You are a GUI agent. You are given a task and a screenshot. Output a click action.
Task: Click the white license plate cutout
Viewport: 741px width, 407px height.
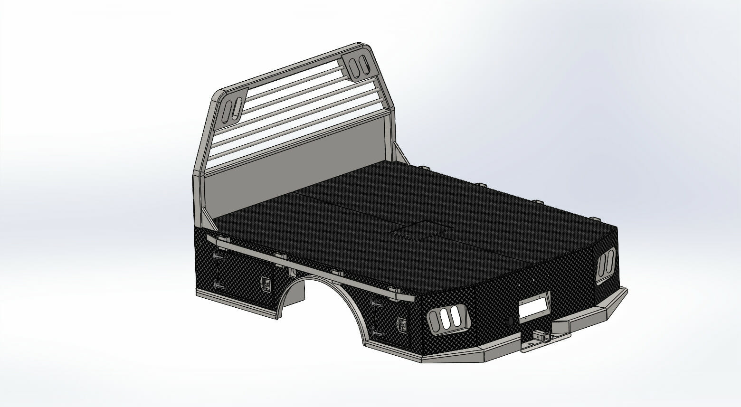tap(535, 307)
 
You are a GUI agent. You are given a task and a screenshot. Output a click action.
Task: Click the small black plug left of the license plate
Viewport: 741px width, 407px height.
tap(509, 322)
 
